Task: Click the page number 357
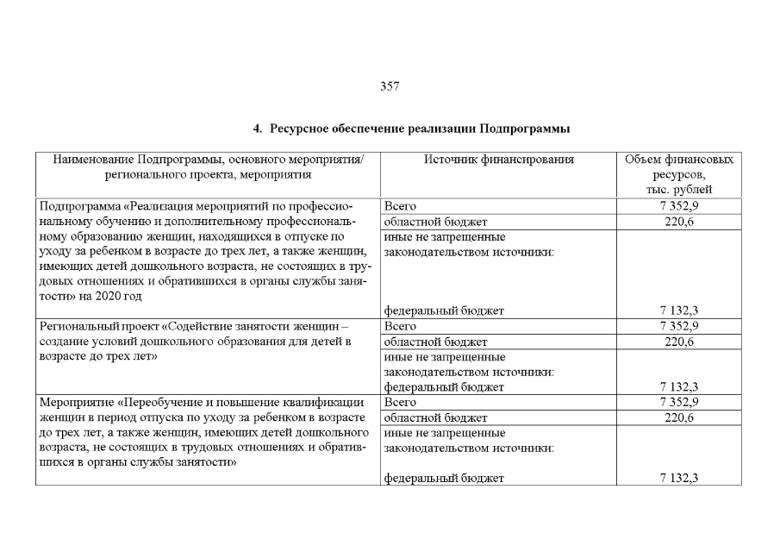390,86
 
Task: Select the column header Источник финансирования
498,160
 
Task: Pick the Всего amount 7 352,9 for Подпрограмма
678,207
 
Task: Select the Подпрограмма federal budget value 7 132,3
678,311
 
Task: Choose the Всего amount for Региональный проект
678,327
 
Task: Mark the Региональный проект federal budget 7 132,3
678,387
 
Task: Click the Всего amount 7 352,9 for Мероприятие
678,402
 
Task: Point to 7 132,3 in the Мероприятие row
678,478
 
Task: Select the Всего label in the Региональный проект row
400,327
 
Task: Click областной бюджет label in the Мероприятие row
435,417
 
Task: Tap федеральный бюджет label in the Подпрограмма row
443,311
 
